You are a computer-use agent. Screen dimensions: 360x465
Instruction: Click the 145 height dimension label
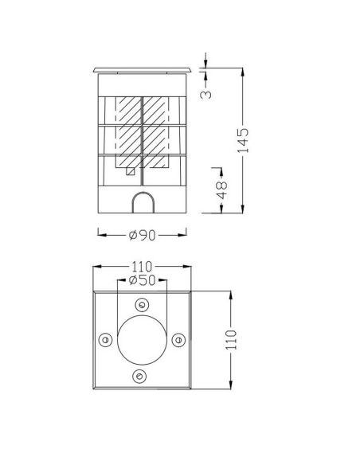click(243, 140)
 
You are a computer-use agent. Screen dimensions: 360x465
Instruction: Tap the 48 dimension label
click(221, 190)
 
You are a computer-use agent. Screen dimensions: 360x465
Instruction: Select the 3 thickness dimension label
click(206, 94)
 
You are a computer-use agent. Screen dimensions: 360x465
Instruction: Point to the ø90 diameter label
click(143, 235)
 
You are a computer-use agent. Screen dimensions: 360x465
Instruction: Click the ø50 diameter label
click(143, 280)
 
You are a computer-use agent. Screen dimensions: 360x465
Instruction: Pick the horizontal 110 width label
click(142, 267)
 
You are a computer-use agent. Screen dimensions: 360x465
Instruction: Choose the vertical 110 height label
click(231, 339)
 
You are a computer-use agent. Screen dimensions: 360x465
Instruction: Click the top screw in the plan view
click(142, 305)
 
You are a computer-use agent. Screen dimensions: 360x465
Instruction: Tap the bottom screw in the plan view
click(139, 377)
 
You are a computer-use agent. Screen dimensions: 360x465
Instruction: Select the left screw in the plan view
click(105, 339)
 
